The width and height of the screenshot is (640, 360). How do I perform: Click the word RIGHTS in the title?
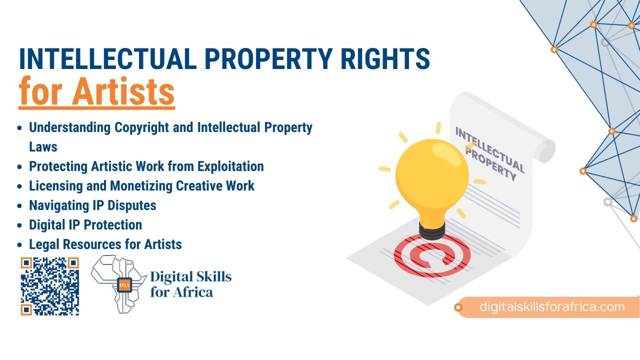click(385, 58)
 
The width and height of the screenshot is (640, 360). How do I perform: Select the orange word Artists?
click(123, 91)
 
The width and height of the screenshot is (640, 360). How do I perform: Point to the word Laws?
click(43, 147)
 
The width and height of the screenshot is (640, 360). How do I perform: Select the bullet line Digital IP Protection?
click(85, 225)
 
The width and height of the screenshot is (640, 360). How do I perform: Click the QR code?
click(49, 286)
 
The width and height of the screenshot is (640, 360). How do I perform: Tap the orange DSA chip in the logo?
click(124, 284)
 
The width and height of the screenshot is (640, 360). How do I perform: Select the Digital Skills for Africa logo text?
click(191, 284)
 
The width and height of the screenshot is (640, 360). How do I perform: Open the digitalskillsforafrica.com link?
click(552, 307)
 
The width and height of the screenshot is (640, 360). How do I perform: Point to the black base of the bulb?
click(432, 231)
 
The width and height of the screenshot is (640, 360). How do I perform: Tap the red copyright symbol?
click(431, 255)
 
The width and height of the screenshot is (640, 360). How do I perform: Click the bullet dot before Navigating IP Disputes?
click(19, 205)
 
